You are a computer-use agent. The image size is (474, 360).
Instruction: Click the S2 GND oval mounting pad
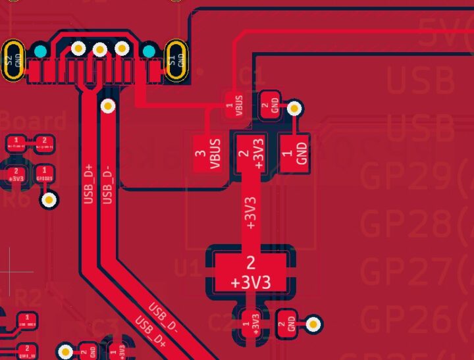click(x=14, y=61)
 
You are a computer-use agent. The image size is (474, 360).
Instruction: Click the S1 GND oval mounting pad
click(x=176, y=61)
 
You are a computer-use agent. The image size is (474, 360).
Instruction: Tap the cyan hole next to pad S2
click(x=40, y=51)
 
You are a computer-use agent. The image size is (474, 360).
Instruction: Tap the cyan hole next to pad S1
click(x=149, y=51)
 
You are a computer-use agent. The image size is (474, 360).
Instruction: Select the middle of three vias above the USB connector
click(x=100, y=49)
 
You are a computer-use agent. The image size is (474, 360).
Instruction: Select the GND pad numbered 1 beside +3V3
click(x=294, y=154)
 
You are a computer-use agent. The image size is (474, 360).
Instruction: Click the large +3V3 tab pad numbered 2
click(x=250, y=270)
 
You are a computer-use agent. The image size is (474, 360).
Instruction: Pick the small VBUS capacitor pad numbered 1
click(x=235, y=105)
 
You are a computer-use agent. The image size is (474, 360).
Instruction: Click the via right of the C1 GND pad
click(x=294, y=108)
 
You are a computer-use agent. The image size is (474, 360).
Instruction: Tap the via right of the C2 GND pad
click(x=314, y=323)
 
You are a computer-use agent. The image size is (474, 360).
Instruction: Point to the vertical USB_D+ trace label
click(x=90, y=184)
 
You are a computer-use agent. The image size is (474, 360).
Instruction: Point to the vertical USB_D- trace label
click(x=109, y=184)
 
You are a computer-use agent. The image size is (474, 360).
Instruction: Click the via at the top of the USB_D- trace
click(x=107, y=105)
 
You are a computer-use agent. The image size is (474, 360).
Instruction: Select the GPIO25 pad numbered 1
click(x=43, y=175)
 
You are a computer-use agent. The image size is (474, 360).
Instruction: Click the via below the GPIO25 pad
click(x=48, y=199)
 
